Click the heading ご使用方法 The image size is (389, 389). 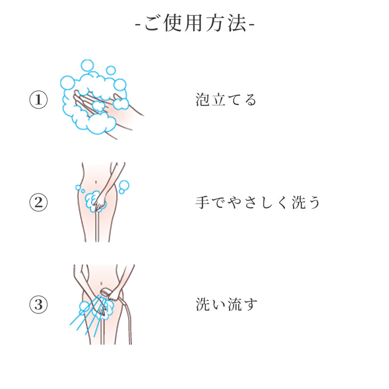[x=195, y=24]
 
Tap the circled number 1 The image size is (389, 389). [x=38, y=99]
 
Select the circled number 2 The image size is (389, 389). [x=38, y=202]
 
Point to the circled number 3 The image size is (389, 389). [x=38, y=304]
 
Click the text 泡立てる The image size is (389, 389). [x=226, y=100]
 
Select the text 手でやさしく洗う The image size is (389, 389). [x=258, y=203]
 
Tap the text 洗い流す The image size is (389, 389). [x=226, y=304]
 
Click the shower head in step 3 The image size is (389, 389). [x=105, y=292]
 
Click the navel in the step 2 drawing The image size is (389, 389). [x=96, y=183]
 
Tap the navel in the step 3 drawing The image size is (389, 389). [x=101, y=283]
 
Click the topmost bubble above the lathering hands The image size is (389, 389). [x=88, y=66]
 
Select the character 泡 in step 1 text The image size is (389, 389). [x=203, y=100]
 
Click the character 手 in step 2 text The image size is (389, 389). [x=203, y=203]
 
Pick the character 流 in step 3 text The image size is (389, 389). [x=234, y=304]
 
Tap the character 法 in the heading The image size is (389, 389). [x=237, y=24]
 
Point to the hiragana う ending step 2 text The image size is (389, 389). [x=313, y=203]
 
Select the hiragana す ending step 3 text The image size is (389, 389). [x=251, y=305]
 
